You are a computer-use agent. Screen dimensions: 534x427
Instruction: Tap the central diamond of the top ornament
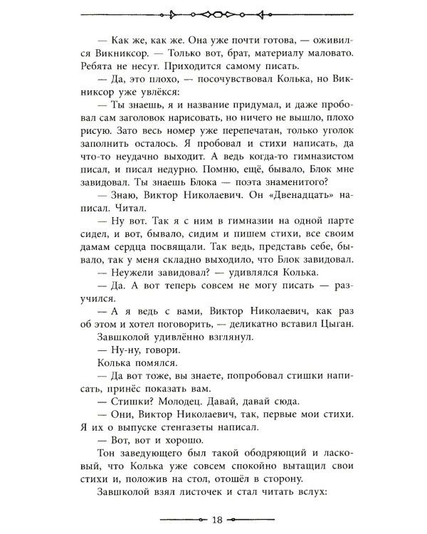[213, 13]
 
